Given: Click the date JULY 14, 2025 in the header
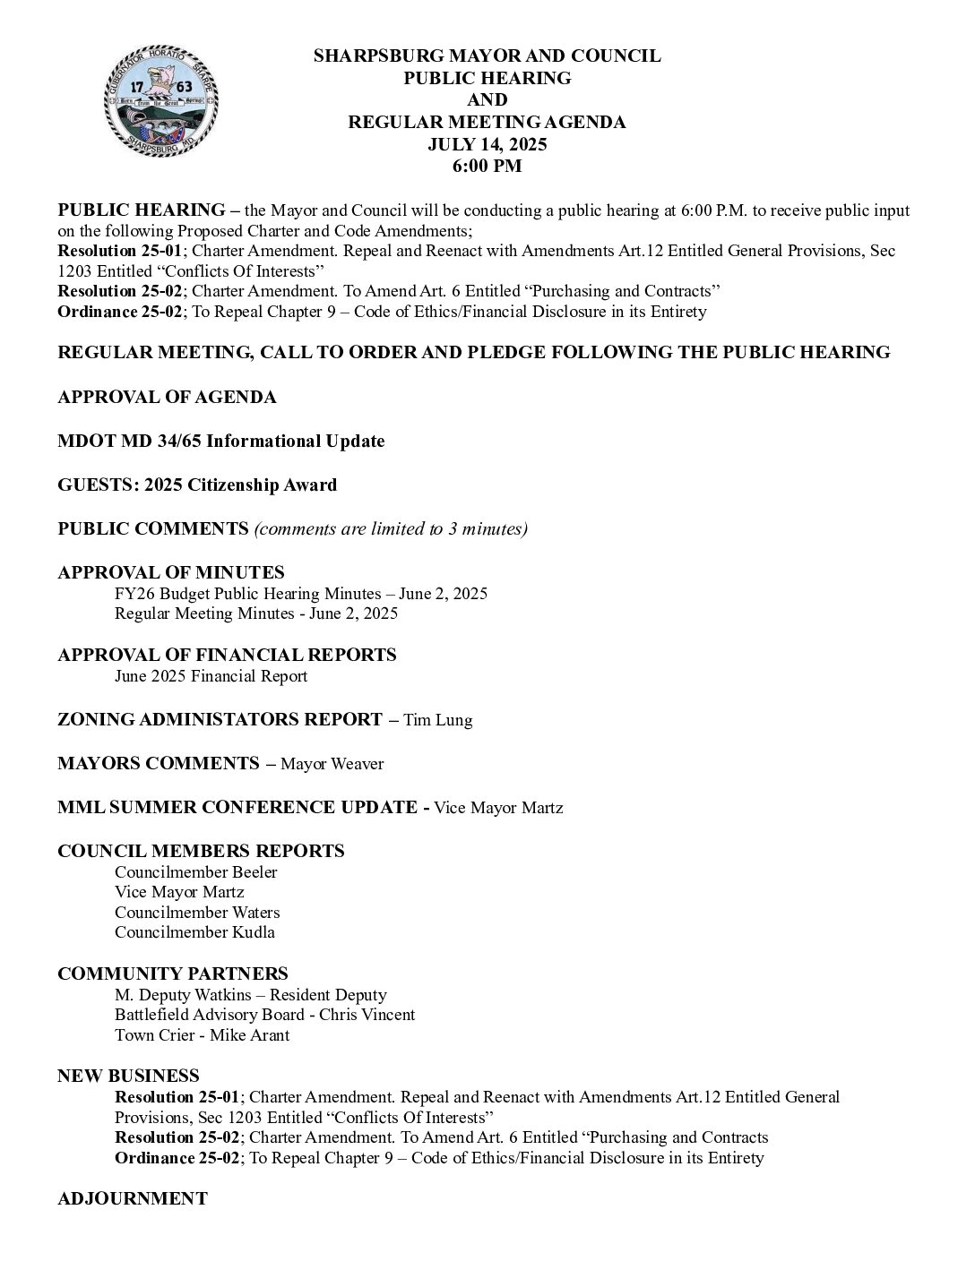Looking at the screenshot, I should pyautogui.click(x=487, y=144).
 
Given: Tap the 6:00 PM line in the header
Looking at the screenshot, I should pyautogui.click(x=487, y=166).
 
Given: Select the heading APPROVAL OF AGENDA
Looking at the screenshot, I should pyautogui.click(x=167, y=397).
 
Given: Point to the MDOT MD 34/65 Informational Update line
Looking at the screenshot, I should pyautogui.click(x=220, y=441).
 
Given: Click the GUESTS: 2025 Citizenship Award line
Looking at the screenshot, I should pyautogui.click(x=197, y=485).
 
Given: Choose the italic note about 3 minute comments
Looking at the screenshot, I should pyautogui.click(x=391, y=528).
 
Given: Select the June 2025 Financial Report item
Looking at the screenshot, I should pyautogui.click(x=211, y=676).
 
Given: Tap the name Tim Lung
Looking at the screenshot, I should pyautogui.click(x=437, y=720).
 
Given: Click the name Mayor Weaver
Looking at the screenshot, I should pyautogui.click(x=332, y=764).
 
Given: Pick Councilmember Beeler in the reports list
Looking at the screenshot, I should pyautogui.click(x=195, y=872).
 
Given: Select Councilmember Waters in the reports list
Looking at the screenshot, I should pyautogui.click(x=197, y=913).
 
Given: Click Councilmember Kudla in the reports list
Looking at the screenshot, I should pyautogui.click(x=194, y=932).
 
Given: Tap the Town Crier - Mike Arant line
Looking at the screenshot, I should pyautogui.click(x=202, y=1035).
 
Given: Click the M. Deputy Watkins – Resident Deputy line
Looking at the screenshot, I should pyautogui.click(x=250, y=995).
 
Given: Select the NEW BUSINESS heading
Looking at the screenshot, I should pyautogui.click(x=128, y=1076).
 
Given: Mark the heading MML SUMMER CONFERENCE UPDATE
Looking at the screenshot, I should pyautogui.click(x=237, y=807).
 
